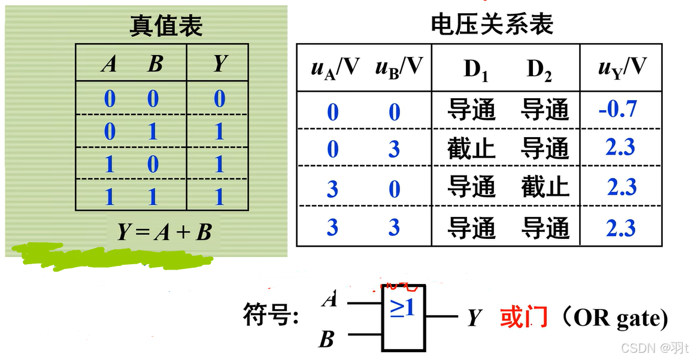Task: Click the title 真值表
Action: [x=166, y=26]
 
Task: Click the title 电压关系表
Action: [x=492, y=25]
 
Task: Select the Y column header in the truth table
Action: [x=220, y=63]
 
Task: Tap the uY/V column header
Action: [x=622, y=68]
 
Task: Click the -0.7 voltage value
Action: [x=617, y=109]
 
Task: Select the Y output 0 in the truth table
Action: [x=220, y=98]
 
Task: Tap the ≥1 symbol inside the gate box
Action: [x=402, y=307]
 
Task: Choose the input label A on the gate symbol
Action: [x=329, y=299]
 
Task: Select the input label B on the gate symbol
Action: [x=326, y=340]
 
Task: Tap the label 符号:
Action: [x=271, y=315]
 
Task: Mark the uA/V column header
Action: [x=335, y=68]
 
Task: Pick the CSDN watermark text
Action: [x=654, y=348]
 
